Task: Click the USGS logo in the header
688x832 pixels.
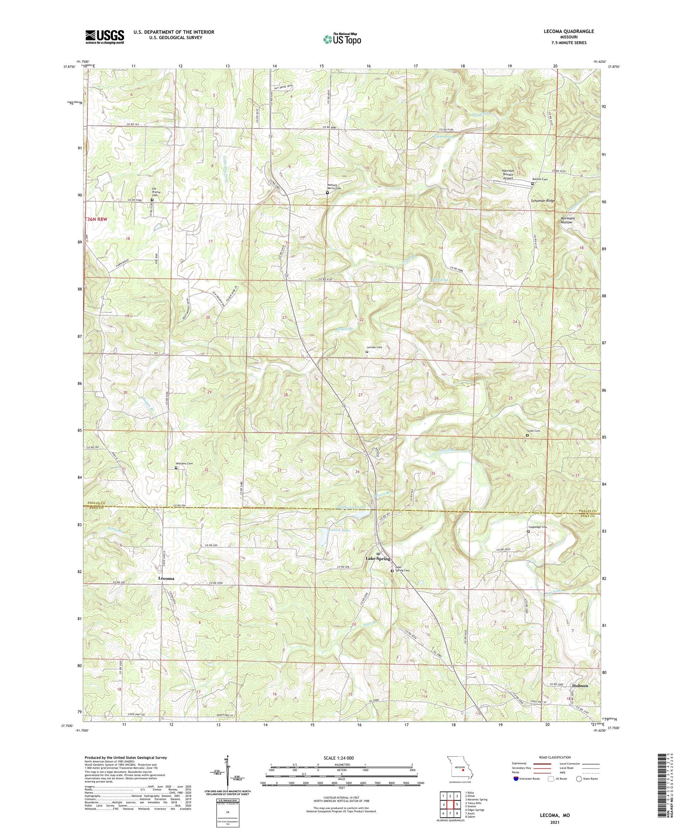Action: pyautogui.click(x=105, y=37)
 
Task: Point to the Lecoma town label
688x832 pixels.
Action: pyautogui.click(x=166, y=579)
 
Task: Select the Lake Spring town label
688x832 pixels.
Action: pyautogui.click(x=377, y=558)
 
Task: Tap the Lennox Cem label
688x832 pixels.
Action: pyautogui.click(x=374, y=347)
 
